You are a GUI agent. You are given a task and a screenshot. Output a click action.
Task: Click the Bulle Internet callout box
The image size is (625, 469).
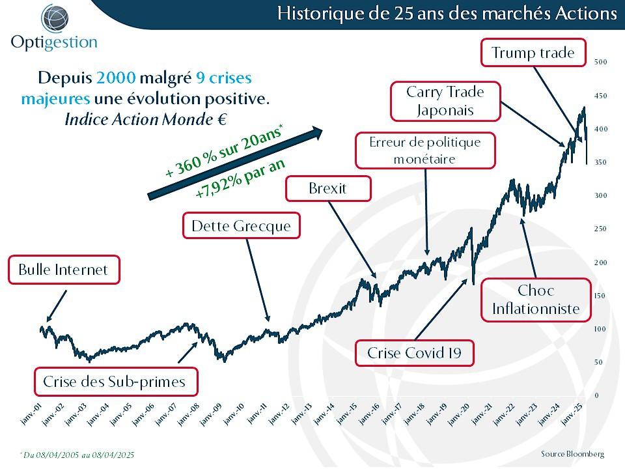[64, 270]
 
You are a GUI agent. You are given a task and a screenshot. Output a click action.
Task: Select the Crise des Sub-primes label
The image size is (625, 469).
[114, 382]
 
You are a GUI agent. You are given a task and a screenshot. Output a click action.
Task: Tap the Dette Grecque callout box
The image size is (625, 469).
[241, 227]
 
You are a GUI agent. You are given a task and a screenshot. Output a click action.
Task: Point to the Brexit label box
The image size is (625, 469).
[328, 189]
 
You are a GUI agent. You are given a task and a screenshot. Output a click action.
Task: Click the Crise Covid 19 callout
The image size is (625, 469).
[414, 353]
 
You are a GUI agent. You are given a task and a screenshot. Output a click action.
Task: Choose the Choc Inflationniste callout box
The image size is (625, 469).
[536, 300]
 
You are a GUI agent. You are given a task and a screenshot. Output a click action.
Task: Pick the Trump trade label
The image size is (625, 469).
[533, 53]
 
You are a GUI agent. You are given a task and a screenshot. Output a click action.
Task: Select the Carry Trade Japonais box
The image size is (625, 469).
[445, 101]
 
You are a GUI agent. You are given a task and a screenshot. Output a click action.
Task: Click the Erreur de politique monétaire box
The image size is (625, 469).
[424, 150]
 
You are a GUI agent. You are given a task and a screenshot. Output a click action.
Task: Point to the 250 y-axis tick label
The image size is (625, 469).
[600, 229]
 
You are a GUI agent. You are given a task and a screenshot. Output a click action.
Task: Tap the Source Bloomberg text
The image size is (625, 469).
[572, 453]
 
